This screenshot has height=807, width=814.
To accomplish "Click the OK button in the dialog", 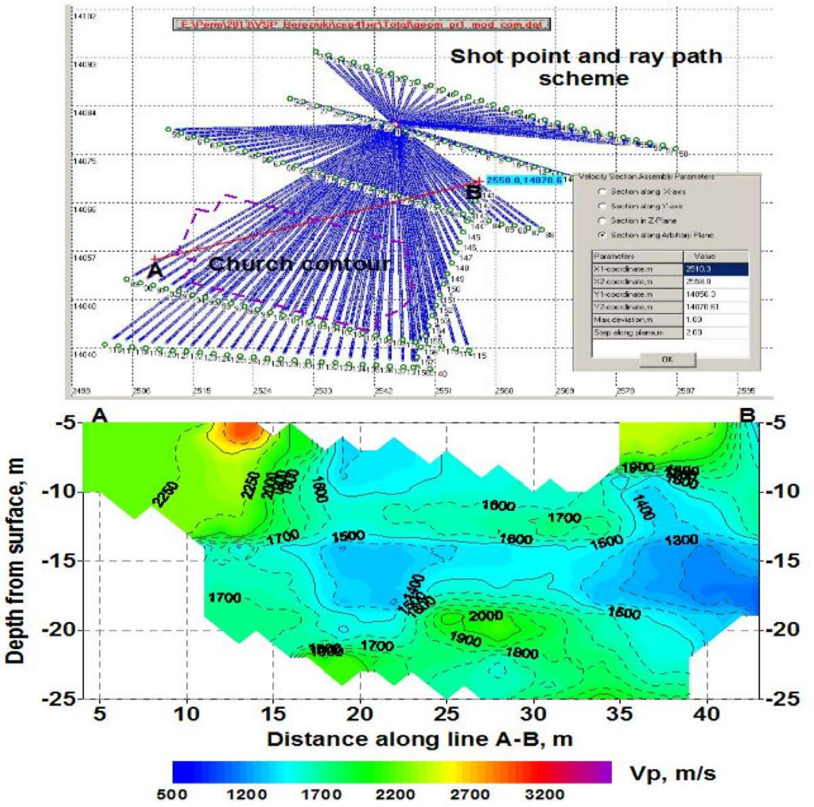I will point(667,360).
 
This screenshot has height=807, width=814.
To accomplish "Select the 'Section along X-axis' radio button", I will point(602,192).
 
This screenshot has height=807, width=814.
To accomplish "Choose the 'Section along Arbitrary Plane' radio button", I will point(602,235).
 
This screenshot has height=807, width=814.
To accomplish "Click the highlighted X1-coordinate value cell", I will point(716,269).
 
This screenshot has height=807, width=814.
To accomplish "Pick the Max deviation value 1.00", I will point(716,320).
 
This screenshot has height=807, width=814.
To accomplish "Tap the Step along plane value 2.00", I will point(716,333).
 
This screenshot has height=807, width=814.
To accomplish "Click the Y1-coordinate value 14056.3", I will point(716,294).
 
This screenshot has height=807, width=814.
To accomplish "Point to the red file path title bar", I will point(360,24).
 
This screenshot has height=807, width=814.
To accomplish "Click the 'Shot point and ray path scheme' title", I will point(585,66).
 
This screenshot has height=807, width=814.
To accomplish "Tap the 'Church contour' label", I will point(299,264).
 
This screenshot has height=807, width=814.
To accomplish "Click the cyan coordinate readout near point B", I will point(524,180).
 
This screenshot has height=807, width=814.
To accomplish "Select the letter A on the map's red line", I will point(155,269).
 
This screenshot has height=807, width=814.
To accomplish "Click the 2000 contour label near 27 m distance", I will point(485,616).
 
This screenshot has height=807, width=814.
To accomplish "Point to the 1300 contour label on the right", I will point(681,540).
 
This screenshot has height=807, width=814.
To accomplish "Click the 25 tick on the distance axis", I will point(446,713).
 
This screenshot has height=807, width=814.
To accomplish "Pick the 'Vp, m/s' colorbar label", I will point(672,773).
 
